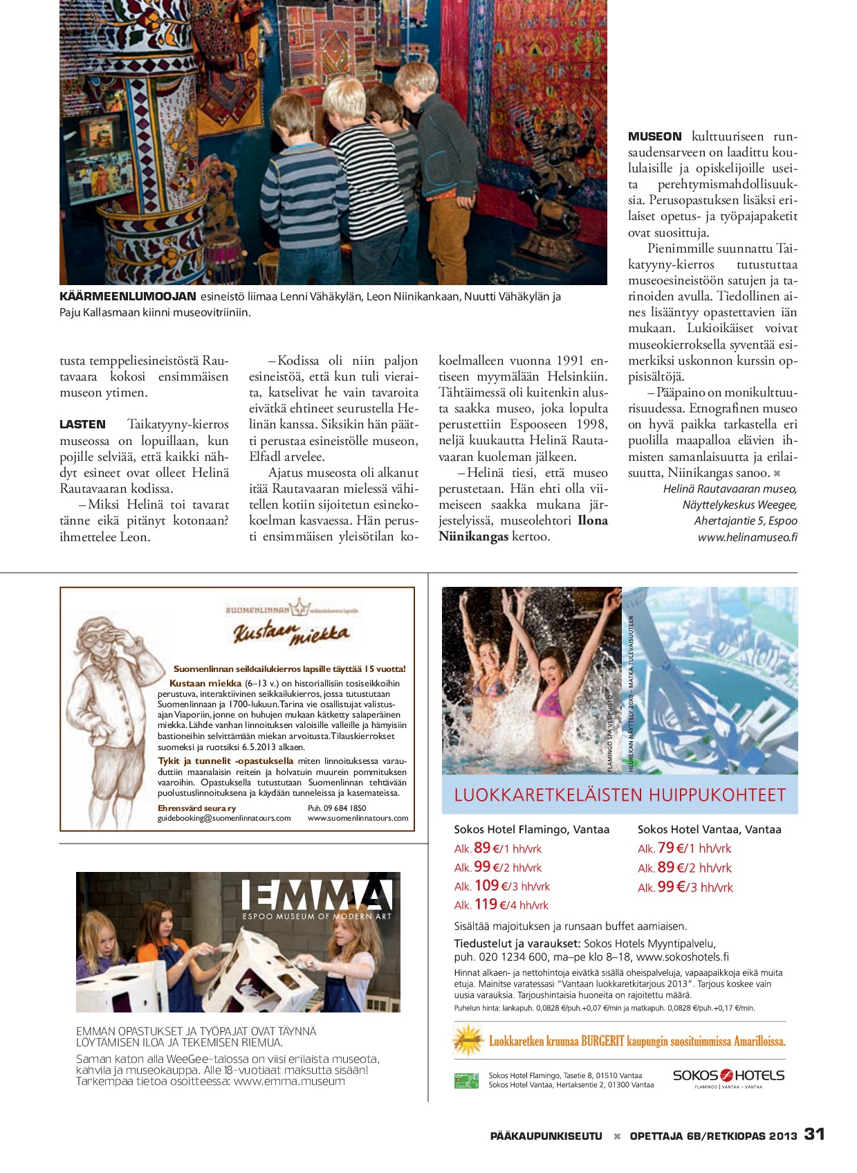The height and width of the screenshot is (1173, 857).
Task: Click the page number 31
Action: tap(814, 1134)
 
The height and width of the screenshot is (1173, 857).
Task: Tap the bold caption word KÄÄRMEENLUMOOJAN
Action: tap(128, 296)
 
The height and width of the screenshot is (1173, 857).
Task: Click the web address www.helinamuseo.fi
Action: tap(747, 537)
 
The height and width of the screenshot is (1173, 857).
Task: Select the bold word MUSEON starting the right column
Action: tap(654, 136)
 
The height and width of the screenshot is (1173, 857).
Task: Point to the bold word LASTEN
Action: tap(82, 424)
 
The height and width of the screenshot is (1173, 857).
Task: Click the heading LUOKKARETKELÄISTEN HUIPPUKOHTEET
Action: tap(620, 795)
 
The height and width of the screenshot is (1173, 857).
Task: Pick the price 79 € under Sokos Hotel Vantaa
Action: tap(666, 848)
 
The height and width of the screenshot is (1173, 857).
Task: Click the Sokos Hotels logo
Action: tap(728, 1075)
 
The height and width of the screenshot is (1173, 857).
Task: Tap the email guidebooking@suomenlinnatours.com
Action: tap(224, 818)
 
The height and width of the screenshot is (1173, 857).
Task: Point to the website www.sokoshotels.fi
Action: tap(682, 957)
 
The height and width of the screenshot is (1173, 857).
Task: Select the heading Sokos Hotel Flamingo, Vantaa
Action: tap(531, 829)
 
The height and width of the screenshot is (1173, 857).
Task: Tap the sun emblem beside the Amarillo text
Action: tap(468, 1039)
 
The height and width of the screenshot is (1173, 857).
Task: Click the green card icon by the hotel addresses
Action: tap(466, 1080)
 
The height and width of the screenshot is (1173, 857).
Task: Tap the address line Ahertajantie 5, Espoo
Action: tap(745, 520)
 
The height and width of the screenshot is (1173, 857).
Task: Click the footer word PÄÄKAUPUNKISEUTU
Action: tap(546, 1136)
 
